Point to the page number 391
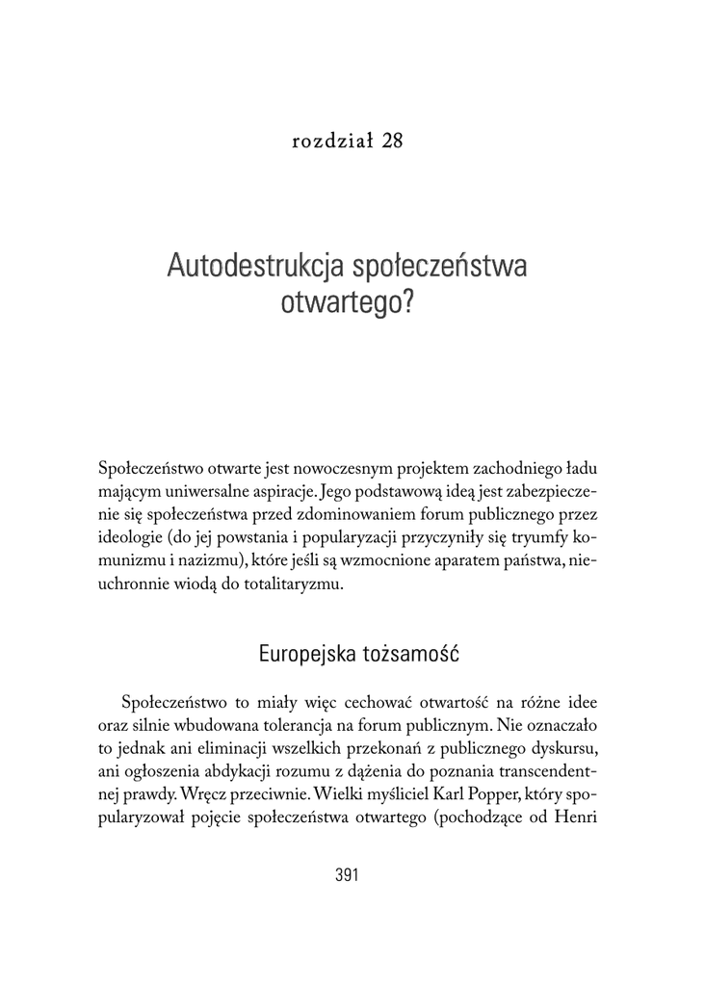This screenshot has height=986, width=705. (347, 875)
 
